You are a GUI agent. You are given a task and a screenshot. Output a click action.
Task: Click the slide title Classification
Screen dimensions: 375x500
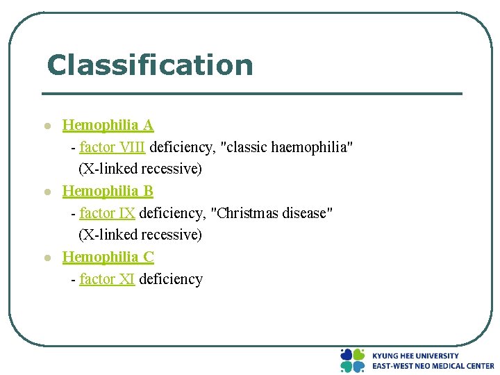pyautogui.click(x=149, y=65)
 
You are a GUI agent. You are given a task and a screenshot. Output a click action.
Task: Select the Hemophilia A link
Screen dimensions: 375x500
pyautogui.click(x=108, y=125)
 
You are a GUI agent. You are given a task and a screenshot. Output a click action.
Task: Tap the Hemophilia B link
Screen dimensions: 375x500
pyautogui.click(x=108, y=190)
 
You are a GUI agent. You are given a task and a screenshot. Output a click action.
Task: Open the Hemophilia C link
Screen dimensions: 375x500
pyautogui.click(x=108, y=256)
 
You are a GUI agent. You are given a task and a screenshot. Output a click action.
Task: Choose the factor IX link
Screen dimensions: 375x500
pyautogui.click(x=107, y=212)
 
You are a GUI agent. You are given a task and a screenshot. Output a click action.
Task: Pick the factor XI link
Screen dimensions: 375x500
pyautogui.click(x=107, y=279)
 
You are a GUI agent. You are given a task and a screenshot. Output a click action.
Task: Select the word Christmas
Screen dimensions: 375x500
pyautogui.click(x=248, y=212)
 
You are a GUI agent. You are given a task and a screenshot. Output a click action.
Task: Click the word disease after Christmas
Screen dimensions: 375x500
pyautogui.click(x=308, y=212)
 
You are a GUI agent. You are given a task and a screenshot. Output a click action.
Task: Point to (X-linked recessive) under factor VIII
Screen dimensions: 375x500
pyautogui.click(x=140, y=169)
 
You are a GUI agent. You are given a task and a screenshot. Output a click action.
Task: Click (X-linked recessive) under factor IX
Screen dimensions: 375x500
pyautogui.click(x=140, y=235)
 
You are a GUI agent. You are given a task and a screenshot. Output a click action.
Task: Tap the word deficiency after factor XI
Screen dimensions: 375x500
pyautogui.click(x=171, y=279)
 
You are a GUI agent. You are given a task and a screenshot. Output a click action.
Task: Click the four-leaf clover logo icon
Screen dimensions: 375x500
pyautogui.click(x=352, y=360)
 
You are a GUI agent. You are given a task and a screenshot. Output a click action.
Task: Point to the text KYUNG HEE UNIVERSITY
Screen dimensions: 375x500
pyautogui.click(x=415, y=356)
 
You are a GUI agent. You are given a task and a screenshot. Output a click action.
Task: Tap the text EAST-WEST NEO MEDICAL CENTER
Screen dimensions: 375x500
pyautogui.click(x=433, y=366)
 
